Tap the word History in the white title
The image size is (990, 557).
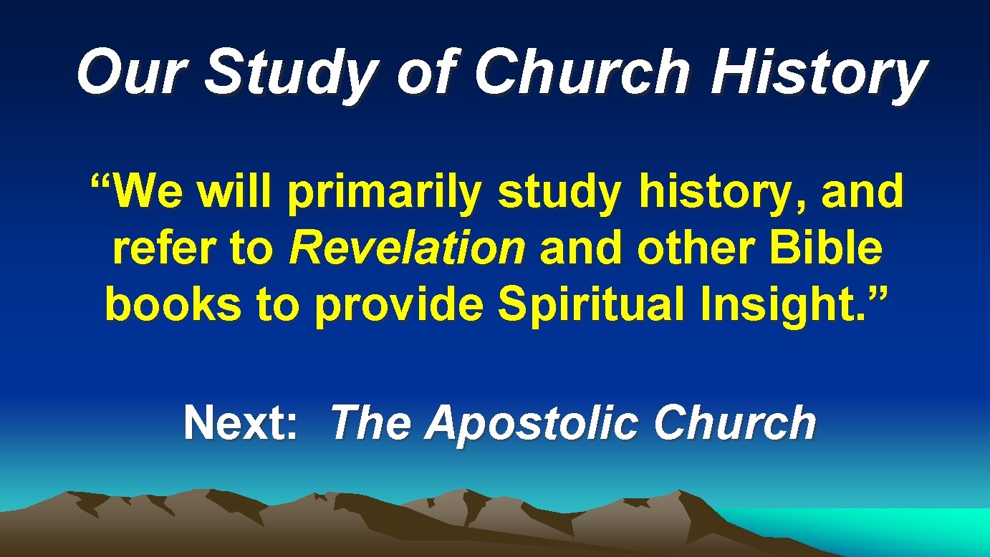(x=817, y=74)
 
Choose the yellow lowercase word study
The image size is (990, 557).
(x=559, y=194)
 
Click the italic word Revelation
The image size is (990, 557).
(x=407, y=249)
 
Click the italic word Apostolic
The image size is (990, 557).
(x=530, y=424)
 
